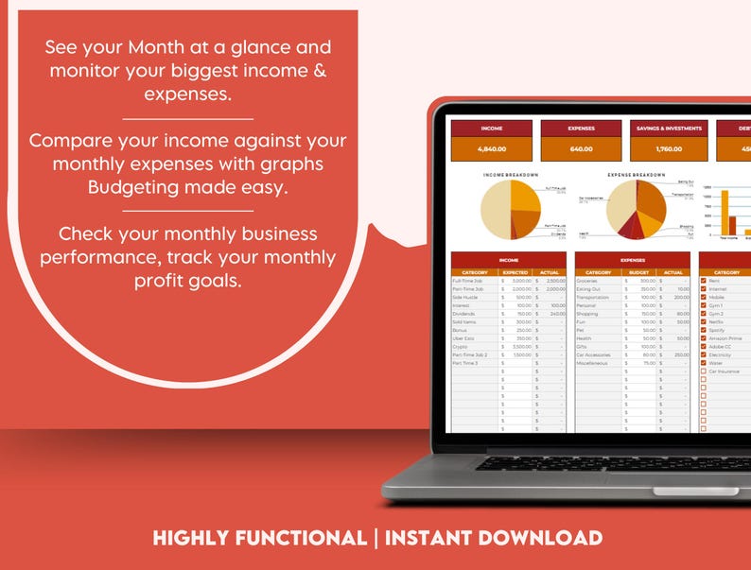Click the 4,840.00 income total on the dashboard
tap(492, 149)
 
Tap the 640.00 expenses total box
tap(581, 149)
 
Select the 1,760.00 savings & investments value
tap(668, 149)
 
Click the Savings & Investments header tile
tap(668, 128)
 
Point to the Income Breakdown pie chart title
tap(511, 176)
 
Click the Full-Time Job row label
tap(468, 281)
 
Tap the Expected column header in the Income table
tap(515, 272)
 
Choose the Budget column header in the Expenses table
tap(637, 272)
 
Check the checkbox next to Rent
tap(703, 281)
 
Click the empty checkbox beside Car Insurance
tap(703, 371)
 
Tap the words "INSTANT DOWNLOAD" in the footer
tap(494, 539)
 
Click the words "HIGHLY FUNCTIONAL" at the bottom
tap(259, 539)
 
